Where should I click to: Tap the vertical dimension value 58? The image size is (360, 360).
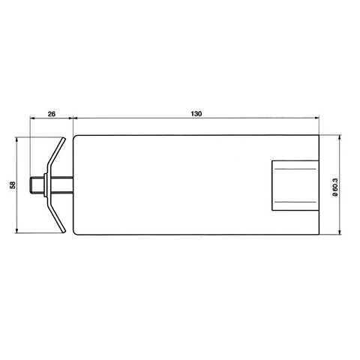coord(13,184)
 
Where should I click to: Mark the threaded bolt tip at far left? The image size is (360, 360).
coord(34,184)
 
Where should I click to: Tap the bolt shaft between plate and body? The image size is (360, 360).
coord(61,184)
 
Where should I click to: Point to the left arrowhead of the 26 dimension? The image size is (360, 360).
coord(32,119)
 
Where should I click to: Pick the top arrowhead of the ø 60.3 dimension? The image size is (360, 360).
coord(340,137)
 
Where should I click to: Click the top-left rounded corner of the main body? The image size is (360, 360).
coord(74,136)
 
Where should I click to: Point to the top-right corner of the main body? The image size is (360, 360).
coord(321,135)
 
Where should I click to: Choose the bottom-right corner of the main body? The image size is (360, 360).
coord(321,234)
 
